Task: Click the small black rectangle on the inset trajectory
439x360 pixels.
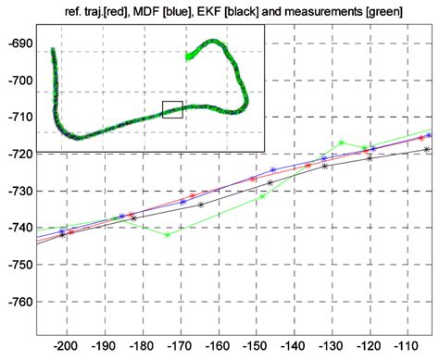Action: [x=171, y=109]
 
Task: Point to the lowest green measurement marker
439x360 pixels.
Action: [x=167, y=235]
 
